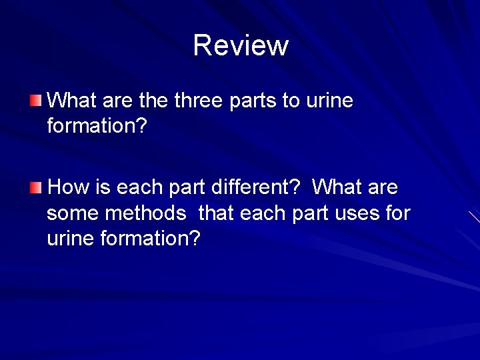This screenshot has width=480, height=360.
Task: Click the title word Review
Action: click(241, 45)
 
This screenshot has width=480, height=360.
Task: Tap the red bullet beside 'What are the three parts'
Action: click(35, 101)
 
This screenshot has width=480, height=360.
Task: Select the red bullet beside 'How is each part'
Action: click(35, 187)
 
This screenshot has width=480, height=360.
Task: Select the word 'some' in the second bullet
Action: click(70, 213)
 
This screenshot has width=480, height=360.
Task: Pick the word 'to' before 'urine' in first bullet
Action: click(291, 101)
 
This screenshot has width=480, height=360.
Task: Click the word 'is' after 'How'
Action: click(103, 187)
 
